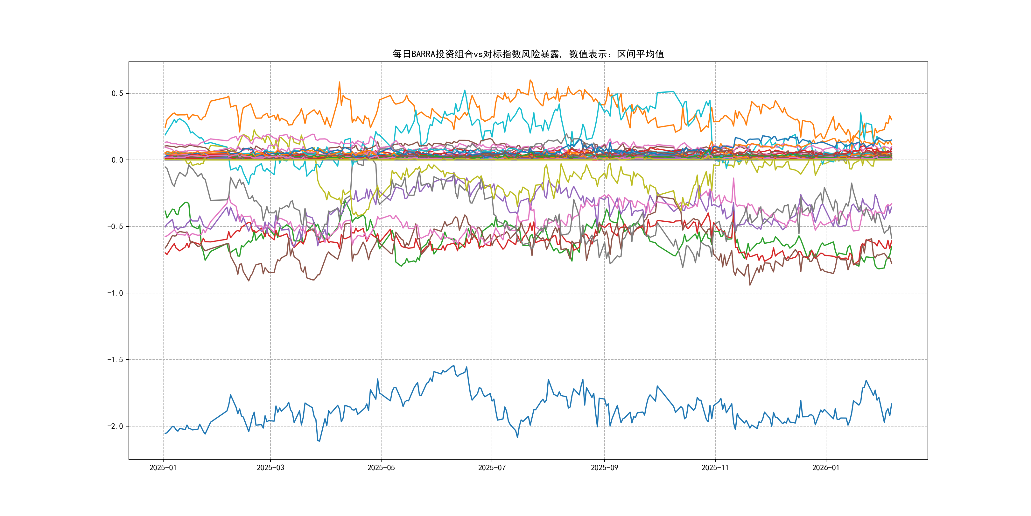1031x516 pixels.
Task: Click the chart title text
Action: pyautogui.click(x=528, y=54)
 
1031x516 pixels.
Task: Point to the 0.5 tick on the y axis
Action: pyautogui.click(x=117, y=93)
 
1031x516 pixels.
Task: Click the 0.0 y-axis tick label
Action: pyautogui.click(x=117, y=160)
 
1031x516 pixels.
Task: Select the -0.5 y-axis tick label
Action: pyautogui.click(x=115, y=226)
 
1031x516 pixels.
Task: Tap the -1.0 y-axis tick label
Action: pyautogui.click(x=115, y=293)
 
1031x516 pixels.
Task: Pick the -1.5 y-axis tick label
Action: pyautogui.click(x=115, y=359)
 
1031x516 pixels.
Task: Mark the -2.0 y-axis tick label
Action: pyautogui.click(x=115, y=426)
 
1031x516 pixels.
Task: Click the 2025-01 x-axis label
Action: pyautogui.click(x=163, y=468)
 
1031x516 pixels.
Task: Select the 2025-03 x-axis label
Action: pyautogui.click(x=270, y=468)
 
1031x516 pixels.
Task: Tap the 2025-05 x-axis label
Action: pyautogui.click(x=381, y=468)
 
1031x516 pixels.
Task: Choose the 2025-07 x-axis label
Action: pyautogui.click(x=492, y=468)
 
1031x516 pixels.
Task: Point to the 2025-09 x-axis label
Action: pyautogui.click(x=604, y=468)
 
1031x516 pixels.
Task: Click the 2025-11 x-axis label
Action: pyautogui.click(x=715, y=468)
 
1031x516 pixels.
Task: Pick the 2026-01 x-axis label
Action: pyautogui.click(x=826, y=468)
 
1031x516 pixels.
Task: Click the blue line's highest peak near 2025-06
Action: pyautogui.click(x=453, y=366)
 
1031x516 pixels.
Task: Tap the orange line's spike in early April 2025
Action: pyautogui.click(x=340, y=82)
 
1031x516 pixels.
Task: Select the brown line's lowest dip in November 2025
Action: pyautogui.click(x=750, y=285)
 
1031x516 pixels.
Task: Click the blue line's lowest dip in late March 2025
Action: pyautogui.click(x=319, y=441)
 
